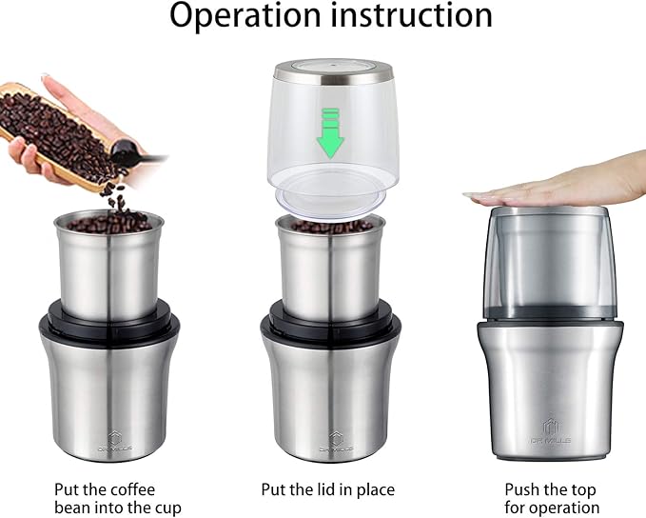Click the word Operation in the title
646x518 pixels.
click(x=244, y=17)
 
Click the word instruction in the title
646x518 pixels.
click(x=412, y=17)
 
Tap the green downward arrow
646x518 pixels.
click(x=331, y=132)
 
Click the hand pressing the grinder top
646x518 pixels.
click(x=561, y=186)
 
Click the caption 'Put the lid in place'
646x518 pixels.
click(x=328, y=489)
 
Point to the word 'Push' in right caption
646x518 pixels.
click(x=525, y=489)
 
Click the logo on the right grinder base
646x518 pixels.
click(x=552, y=425)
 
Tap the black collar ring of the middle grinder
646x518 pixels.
click(x=329, y=324)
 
